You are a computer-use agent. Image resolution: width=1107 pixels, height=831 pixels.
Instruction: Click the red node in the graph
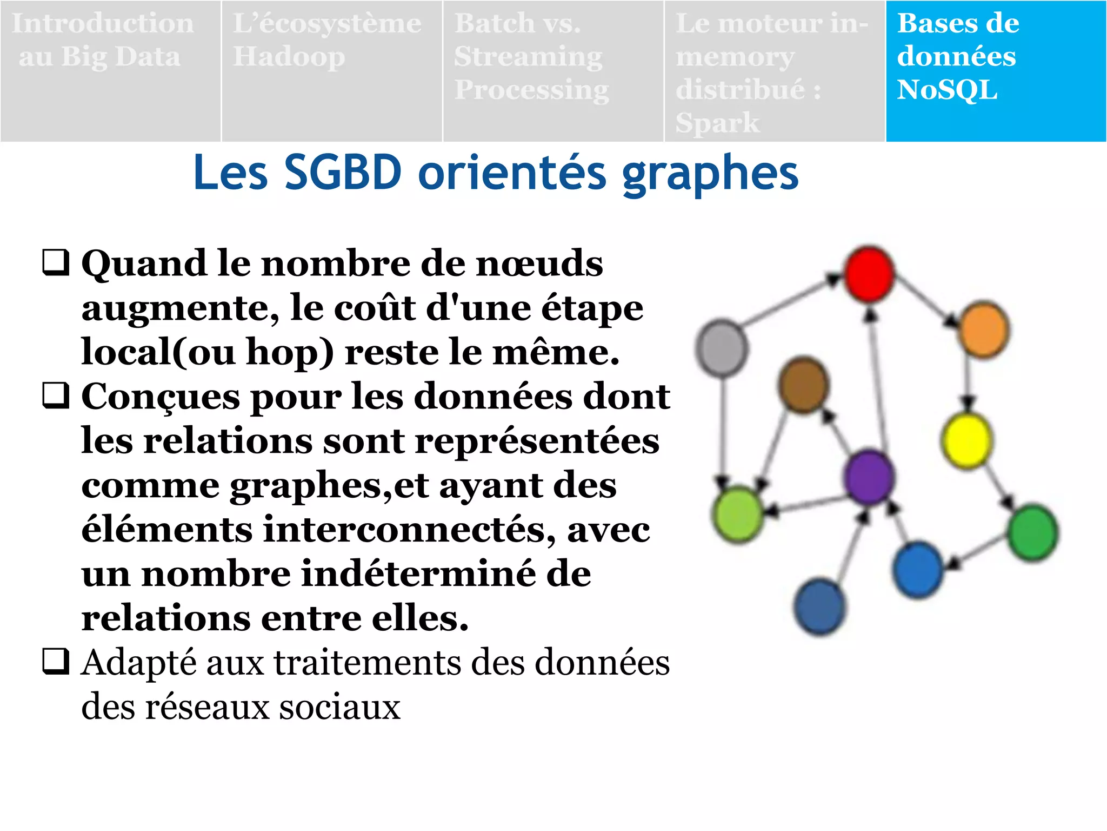(869, 274)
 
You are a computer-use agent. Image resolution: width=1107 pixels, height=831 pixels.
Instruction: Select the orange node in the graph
(984, 329)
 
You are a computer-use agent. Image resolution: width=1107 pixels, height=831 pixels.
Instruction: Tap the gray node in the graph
(722, 348)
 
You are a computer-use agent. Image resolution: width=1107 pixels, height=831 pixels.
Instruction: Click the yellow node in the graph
(967, 440)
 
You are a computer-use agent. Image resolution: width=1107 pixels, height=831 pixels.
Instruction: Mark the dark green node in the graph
(1033, 532)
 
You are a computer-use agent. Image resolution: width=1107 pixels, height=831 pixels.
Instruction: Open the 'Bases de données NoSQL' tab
(996, 71)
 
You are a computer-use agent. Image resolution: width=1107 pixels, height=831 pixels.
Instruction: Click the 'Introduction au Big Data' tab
(111, 71)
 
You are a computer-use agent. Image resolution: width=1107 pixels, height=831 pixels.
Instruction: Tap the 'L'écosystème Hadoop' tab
(332, 71)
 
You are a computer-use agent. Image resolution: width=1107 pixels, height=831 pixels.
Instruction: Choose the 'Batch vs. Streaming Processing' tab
(553, 71)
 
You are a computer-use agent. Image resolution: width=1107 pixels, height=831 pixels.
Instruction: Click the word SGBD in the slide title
(343, 173)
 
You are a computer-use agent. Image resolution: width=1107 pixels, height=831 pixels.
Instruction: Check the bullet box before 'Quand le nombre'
(56, 262)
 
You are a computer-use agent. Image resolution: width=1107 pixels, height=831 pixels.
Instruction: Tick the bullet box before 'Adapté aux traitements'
(56, 662)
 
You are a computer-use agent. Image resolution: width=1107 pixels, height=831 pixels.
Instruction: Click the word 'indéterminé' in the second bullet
(446, 573)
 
